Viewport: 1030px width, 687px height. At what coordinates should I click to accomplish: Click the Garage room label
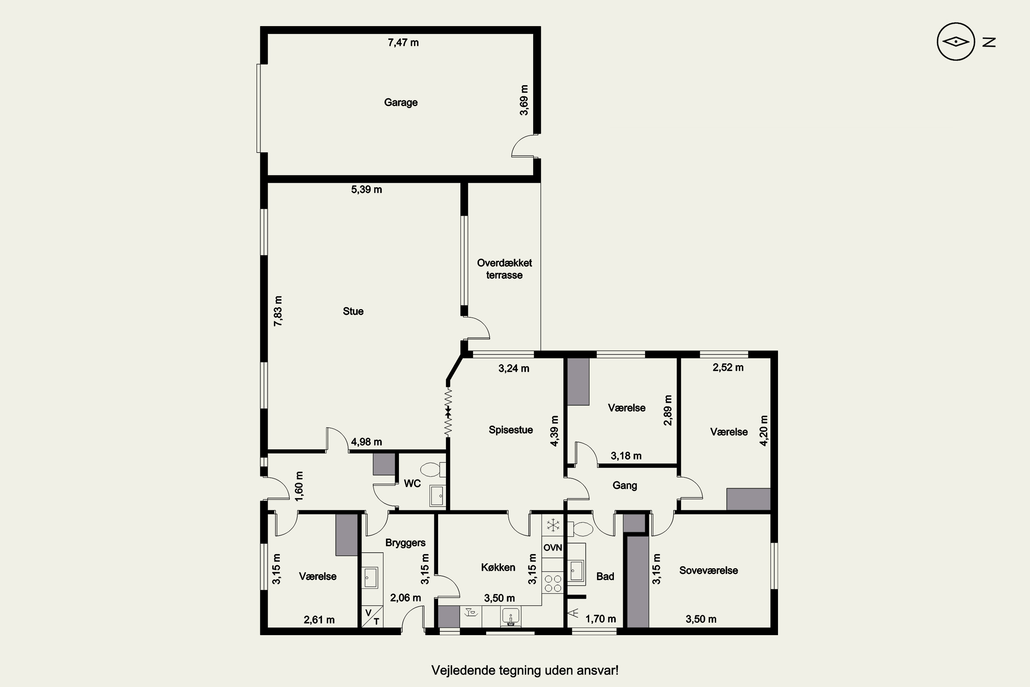[x=401, y=102]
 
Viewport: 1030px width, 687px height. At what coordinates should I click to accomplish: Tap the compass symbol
[x=955, y=42]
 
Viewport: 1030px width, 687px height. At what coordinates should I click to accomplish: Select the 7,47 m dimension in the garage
[x=403, y=43]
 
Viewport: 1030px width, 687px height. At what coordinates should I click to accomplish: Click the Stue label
[x=353, y=312]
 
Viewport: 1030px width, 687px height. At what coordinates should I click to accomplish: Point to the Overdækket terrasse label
[x=504, y=269]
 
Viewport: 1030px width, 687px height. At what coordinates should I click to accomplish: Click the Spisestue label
[x=511, y=430]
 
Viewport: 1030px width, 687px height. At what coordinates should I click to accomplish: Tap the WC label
[x=412, y=483]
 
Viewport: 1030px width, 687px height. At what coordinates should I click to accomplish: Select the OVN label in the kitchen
[x=553, y=548]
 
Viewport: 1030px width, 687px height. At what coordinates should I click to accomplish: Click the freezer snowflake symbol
[x=553, y=525]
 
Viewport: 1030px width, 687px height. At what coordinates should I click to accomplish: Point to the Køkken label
[x=498, y=567]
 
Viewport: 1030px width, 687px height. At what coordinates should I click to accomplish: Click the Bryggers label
[x=405, y=543]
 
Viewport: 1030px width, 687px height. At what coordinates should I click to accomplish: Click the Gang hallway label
[x=625, y=485]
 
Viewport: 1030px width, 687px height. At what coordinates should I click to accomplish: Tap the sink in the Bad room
[x=576, y=571]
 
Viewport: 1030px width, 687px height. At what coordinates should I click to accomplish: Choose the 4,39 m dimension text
[x=554, y=431]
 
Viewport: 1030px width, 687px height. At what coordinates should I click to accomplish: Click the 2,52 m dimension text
[x=728, y=368]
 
